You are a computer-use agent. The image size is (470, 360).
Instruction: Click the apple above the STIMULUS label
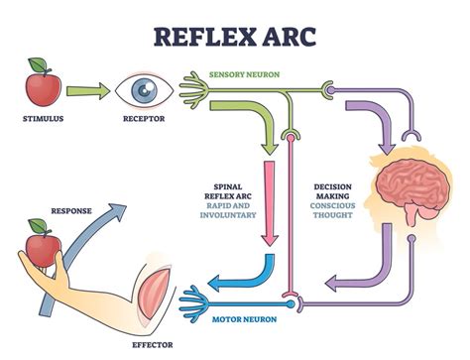pyautogui.click(x=43, y=87)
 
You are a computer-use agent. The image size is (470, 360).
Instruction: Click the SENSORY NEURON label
pyautogui.click(x=243, y=74)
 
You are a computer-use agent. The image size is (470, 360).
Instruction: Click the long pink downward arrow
pyautogui.click(x=267, y=197)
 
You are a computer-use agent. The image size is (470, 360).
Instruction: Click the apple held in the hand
pyautogui.click(x=41, y=248)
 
